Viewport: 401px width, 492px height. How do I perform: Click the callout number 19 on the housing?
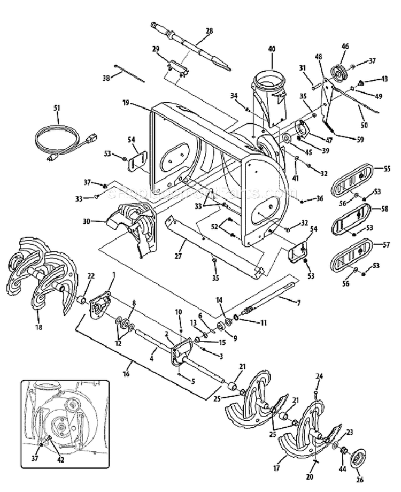pyautogui.click(x=126, y=102)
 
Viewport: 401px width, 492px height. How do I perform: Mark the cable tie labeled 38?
pyautogui.click(x=128, y=74)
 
